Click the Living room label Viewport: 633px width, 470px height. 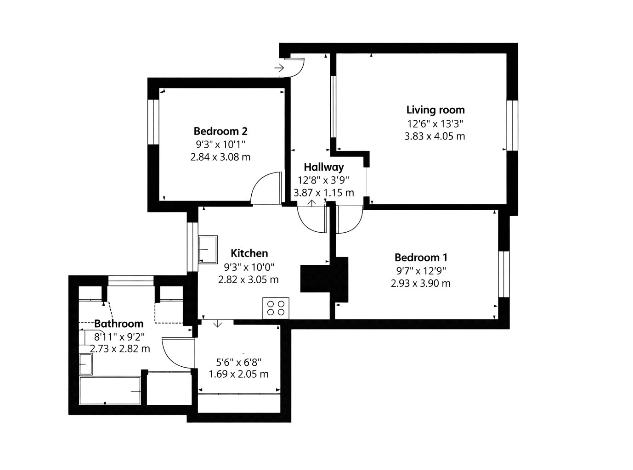[435, 110]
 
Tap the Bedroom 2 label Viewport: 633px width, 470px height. [220, 131]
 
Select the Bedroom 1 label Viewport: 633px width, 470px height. [421, 257]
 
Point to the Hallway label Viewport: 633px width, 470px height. [324, 167]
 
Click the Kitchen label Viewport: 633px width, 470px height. [249, 253]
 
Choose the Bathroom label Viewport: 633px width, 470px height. [119, 324]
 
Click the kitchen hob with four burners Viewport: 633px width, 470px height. [276, 308]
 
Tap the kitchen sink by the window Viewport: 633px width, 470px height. [208, 250]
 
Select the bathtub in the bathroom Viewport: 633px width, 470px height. [110, 391]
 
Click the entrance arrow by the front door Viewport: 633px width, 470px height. [279, 68]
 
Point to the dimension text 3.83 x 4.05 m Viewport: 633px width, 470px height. [435, 136]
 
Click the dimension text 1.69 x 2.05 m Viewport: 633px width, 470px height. [238, 374]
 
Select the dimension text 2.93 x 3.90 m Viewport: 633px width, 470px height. [421, 284]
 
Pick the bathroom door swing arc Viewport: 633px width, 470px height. [170, 358]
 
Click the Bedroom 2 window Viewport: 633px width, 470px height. [153, 122]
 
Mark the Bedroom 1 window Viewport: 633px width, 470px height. [504, 274]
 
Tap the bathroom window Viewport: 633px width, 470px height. [131, 280]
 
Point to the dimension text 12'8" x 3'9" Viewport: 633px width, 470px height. [324, 180]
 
